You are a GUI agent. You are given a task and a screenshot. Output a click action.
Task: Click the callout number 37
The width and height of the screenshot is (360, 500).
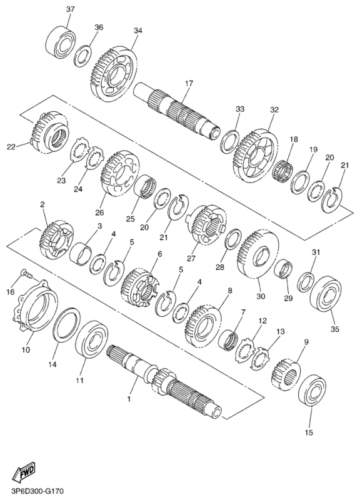click(70, 9)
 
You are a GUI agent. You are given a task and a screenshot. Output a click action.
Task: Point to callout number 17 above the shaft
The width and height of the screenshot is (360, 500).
click(189, 84)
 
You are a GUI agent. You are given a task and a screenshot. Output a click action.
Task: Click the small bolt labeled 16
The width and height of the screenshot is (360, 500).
click(26, 273)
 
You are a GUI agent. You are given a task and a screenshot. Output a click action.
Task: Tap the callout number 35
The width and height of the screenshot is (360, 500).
click(335, 329)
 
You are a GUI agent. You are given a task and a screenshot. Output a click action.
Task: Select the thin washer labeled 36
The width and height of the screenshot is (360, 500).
click(83, 56)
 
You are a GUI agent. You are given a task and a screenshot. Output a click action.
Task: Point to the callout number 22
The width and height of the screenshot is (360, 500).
click(11, 147)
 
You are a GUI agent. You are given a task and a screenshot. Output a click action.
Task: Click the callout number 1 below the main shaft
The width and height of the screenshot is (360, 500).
click(129, 399)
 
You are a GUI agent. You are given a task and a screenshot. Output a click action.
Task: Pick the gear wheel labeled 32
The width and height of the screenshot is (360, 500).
click(256, 154)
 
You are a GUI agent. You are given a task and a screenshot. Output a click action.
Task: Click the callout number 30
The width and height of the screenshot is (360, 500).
click(261, 296)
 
